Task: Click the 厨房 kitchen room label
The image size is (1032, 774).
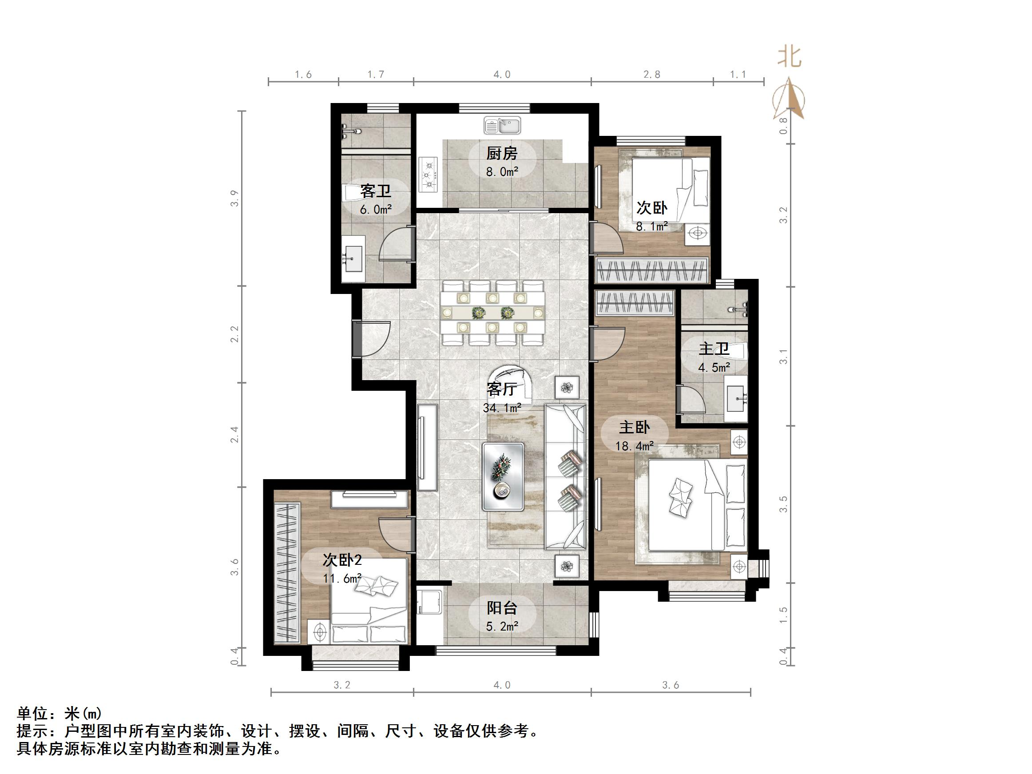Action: pos(501,153)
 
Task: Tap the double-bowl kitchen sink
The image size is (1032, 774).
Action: pos(502,126)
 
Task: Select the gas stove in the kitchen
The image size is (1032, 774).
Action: pos(429,175)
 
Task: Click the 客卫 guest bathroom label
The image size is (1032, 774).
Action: pos(375,191)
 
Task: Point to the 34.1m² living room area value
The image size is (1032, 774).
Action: pos(501,408)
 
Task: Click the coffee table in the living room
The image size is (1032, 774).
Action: pos(503,476)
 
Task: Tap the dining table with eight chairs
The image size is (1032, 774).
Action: pos(492,312)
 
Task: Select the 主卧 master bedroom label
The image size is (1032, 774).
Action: pos(634,427)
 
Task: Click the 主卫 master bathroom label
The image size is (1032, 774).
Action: pos(713,349)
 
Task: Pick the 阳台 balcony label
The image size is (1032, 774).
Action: pos(501,608)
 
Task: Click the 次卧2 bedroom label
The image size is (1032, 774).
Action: pos(342,560)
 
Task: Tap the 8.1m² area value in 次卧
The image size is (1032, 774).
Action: pos(652,227)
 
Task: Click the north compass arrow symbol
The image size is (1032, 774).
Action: pos(789,99)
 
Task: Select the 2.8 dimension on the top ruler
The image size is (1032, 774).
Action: pos(651,74)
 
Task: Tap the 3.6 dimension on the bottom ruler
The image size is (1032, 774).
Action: pos(671,685)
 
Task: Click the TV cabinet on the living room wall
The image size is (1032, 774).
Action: pos(427,447)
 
